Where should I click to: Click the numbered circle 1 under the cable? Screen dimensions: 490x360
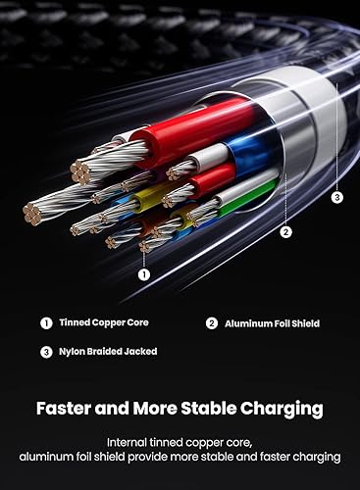(x=144, y=274)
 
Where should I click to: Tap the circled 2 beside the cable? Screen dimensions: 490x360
(x=286, y=232)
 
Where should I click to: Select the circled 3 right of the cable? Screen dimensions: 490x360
(x=336, y=197)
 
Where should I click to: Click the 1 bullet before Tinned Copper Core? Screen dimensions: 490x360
(x=45, y=322)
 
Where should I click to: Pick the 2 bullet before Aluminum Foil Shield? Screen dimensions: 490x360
(x=212, y=322)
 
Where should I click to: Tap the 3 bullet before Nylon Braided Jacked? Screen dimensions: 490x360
(x=45, y=352)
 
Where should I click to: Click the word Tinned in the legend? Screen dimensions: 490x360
(x=75, y=322)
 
